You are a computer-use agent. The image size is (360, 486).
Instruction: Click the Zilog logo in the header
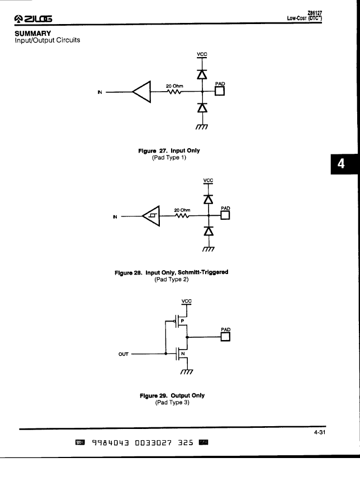pyautogui.click(x=33, y=19)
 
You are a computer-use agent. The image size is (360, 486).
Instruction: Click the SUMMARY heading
pyautogui.click(x=33, y=34)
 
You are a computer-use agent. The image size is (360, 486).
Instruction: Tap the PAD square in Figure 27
pyautogui.click(x=220, y=91)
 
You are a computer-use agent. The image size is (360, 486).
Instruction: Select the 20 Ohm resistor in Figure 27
pyautogui.click(x=174, y=92)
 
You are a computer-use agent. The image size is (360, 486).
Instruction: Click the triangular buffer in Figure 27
pyautogui.click(x=141, y=92)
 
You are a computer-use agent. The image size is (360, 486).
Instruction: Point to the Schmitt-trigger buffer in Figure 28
pyautogui.click(x=151, y=216)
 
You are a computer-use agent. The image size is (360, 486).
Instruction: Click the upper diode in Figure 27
pyautogui.click(x=202, y=74)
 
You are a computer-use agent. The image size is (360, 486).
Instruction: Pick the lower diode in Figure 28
pyautogui.click(x=209, y=231)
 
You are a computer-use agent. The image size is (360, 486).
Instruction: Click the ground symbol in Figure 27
pyautogui.click(x=202, y=127)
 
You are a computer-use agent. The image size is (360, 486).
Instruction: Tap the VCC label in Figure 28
pyautogui.click(x=208, y=180)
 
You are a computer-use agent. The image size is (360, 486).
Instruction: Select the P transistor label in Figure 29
pyautogui.click(x=182, y=321)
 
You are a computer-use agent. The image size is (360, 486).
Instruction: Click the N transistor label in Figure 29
pyautogui.click(x=183, y=353)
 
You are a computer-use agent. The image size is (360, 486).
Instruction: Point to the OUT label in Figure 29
pyautogui.click(x=124, y=354)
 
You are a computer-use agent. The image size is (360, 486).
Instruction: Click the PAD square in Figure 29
pyautogui.click(x=225, y=337)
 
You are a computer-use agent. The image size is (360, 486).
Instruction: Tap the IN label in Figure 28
pyautogui.click(x=115, y=217)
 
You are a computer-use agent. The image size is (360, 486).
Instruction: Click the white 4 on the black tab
pyautogui.click(x=341, y=163)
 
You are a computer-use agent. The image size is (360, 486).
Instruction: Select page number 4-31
pyautogui.click(x=320, y=432)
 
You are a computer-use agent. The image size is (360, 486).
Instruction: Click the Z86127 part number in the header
pyautogui.click(x=315, y=13)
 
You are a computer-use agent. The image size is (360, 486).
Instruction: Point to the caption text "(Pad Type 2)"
pyautogui.click(x=172, y=279)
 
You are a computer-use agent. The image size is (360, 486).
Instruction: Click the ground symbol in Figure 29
pyautogui.click(x=187, y=371)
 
